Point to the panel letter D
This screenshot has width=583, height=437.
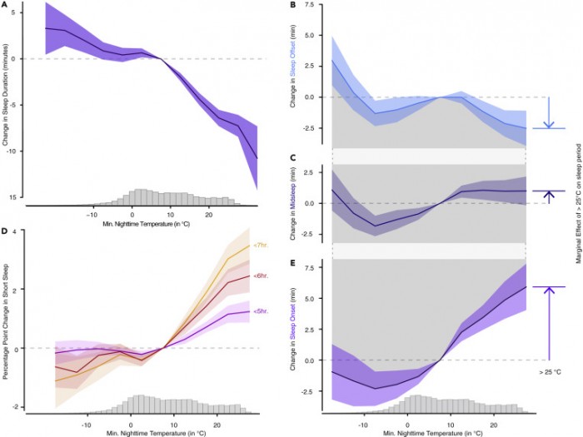(5, 221)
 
